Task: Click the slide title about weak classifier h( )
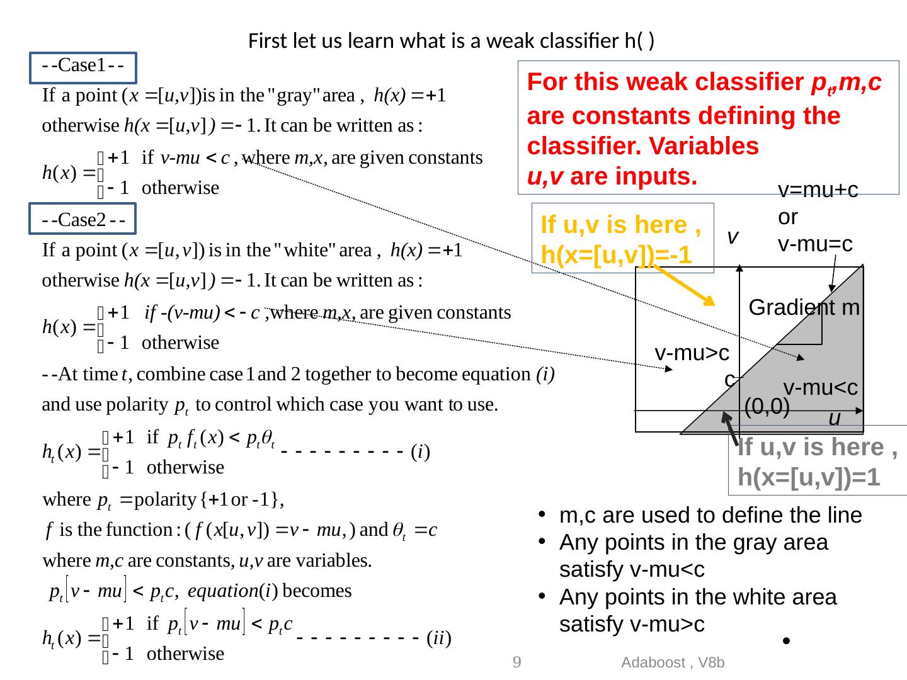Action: pos(452,42)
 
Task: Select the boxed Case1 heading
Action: pos(83,67)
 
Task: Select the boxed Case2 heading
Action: pos(83,221)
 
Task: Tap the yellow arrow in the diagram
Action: pos(683,284)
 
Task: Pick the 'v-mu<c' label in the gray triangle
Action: pos(820,387)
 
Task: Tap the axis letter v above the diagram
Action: pos(732,237)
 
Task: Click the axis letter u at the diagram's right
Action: pos(835,417)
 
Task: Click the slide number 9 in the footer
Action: pos(516,662)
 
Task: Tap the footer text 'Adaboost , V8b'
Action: pos(673,662)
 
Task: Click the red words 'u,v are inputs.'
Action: pos(612,177)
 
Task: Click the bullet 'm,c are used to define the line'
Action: pos(710,516)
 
